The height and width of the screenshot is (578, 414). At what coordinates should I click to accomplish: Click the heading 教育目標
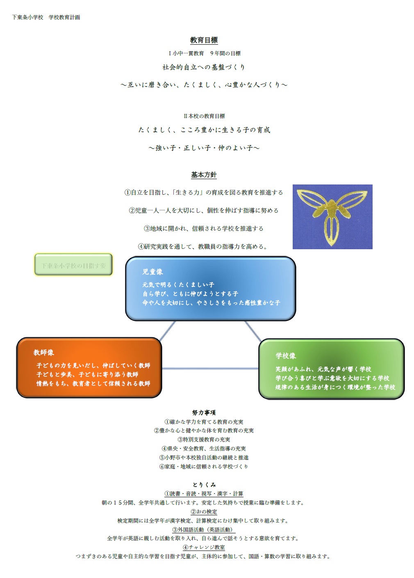pos(204,40)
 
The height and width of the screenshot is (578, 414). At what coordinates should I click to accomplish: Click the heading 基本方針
pos(204,175)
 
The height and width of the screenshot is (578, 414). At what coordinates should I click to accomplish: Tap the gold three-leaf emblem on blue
pos(332,216)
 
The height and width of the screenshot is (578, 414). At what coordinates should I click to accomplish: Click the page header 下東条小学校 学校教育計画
pos(46,17)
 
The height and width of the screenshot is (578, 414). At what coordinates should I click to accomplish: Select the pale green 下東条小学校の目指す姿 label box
pos(73,265)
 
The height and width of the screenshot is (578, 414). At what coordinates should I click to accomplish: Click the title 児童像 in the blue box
pos(152,272)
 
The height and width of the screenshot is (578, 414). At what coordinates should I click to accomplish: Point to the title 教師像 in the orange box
pos(44,353)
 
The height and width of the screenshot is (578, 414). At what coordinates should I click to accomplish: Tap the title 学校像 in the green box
pos(286,356)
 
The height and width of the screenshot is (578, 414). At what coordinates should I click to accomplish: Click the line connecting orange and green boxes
pos(210,369)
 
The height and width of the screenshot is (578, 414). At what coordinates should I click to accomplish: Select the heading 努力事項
pos(204,413)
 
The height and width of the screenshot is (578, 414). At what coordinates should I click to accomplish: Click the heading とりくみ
pos(204,485)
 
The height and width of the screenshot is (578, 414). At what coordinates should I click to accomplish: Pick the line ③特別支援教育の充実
pos(204,439)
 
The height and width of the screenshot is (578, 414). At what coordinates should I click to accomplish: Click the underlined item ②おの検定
pos(204,512)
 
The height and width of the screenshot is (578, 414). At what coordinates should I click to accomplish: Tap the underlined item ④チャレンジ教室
pos(204,547)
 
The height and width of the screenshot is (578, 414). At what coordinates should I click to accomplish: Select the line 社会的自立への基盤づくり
pos(204,67)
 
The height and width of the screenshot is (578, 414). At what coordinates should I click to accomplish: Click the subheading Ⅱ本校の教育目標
pos(204,116)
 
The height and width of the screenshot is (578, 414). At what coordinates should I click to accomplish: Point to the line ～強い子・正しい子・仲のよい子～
pos(204,148)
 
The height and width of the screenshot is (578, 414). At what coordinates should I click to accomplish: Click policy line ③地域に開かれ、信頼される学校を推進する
pos(204,228)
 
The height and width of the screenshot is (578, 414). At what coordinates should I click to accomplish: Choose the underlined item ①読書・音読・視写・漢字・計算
pos(204,494)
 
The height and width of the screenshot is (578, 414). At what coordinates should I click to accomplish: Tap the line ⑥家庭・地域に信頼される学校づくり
pos(204,466)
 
